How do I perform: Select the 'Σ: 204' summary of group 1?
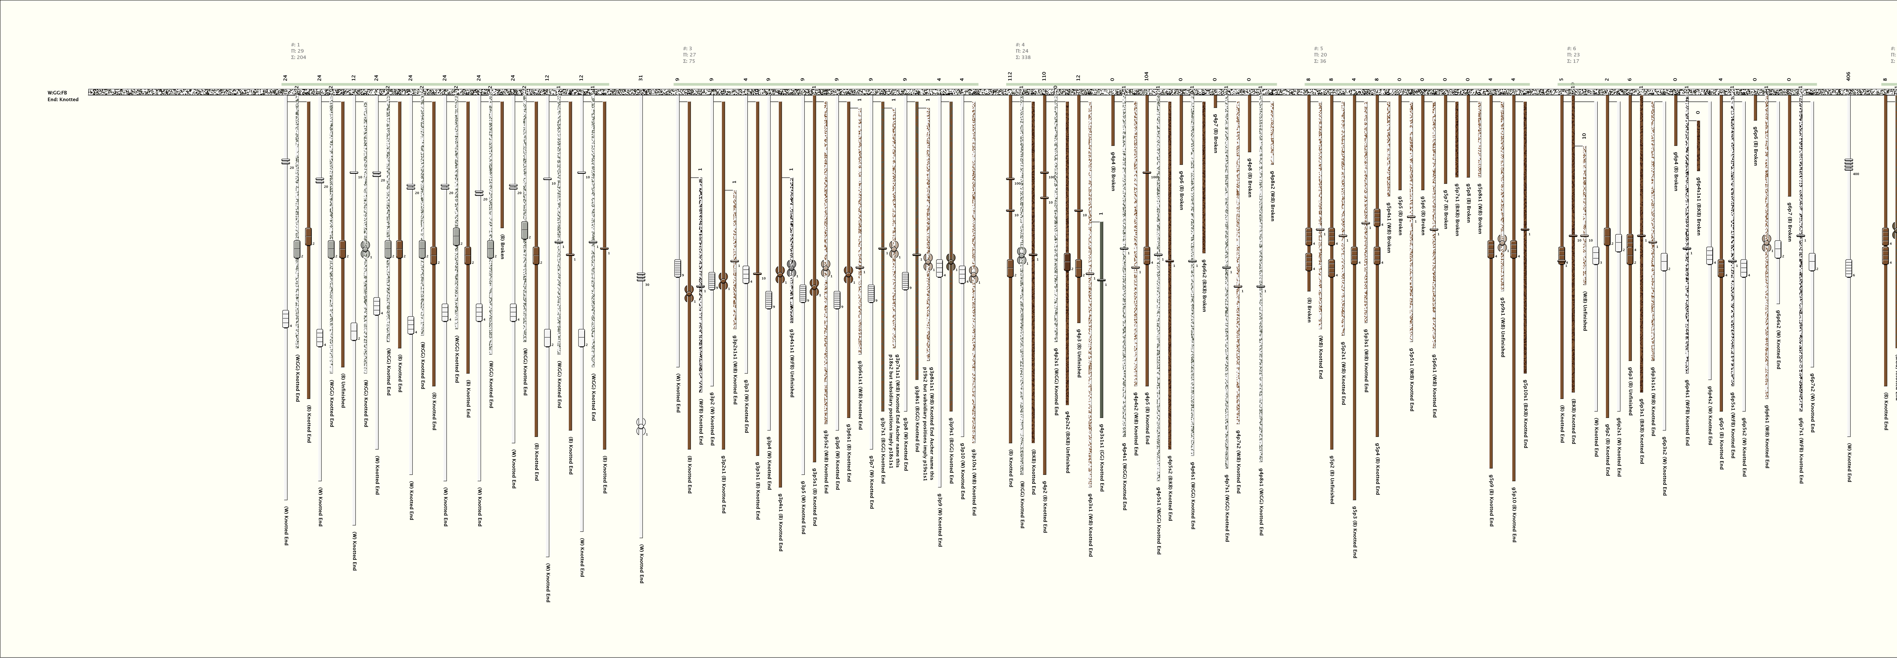pos(298,57)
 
